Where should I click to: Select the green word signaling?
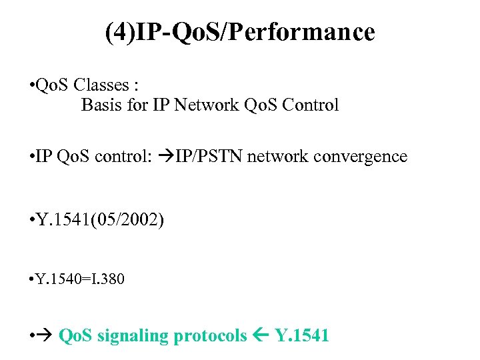(x=133, y=336)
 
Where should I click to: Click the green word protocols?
(x=210, y=336)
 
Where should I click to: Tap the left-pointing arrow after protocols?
(x=259, y=335)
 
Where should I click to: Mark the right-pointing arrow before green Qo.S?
(x=47, y=335)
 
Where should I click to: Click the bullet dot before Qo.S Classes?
(x=33, y=86)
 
